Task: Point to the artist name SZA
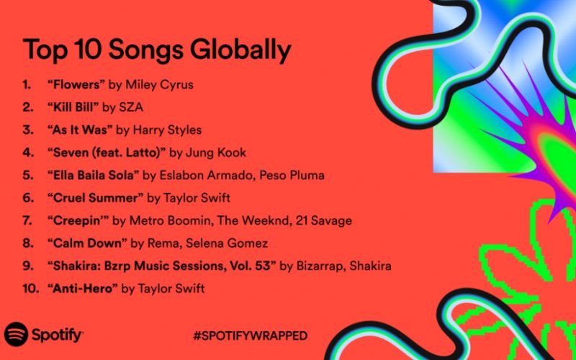click(x=135, y=107)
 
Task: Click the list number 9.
click(x=27, y=266)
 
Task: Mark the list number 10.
click(x=30, y=289)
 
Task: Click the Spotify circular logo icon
click(x=17, y=335)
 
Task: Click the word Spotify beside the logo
click(x=58, y=335)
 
